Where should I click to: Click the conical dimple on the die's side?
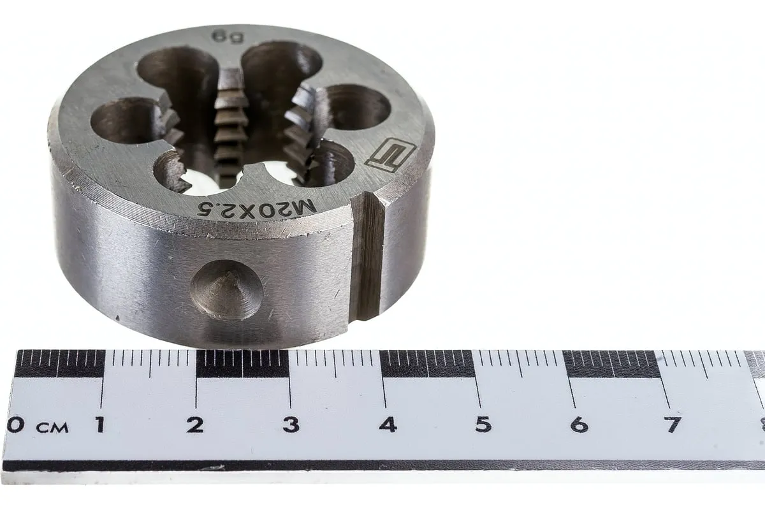click(227, 290)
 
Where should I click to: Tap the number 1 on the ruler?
click(100, 425)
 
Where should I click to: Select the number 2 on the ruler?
click(195, 425)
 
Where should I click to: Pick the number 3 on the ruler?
click(291, 425)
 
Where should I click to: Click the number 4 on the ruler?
click(388, 425)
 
